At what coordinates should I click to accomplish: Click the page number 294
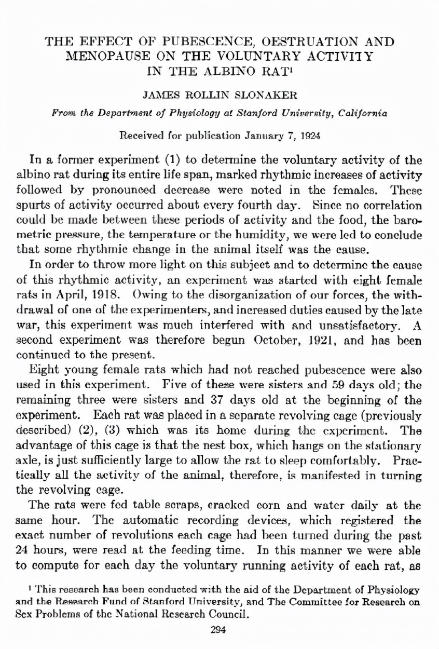click(x=219, y=631)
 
